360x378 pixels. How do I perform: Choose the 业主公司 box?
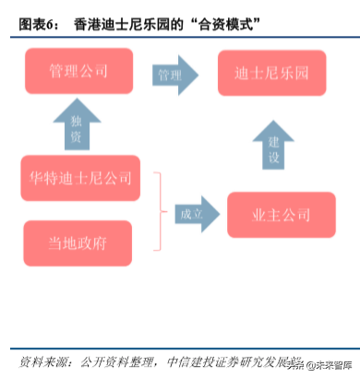coord(273,214)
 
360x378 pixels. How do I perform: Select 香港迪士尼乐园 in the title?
coord(116,19)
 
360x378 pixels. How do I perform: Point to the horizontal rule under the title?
coord(180,36)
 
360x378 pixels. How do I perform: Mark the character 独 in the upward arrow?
coord(77,119)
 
